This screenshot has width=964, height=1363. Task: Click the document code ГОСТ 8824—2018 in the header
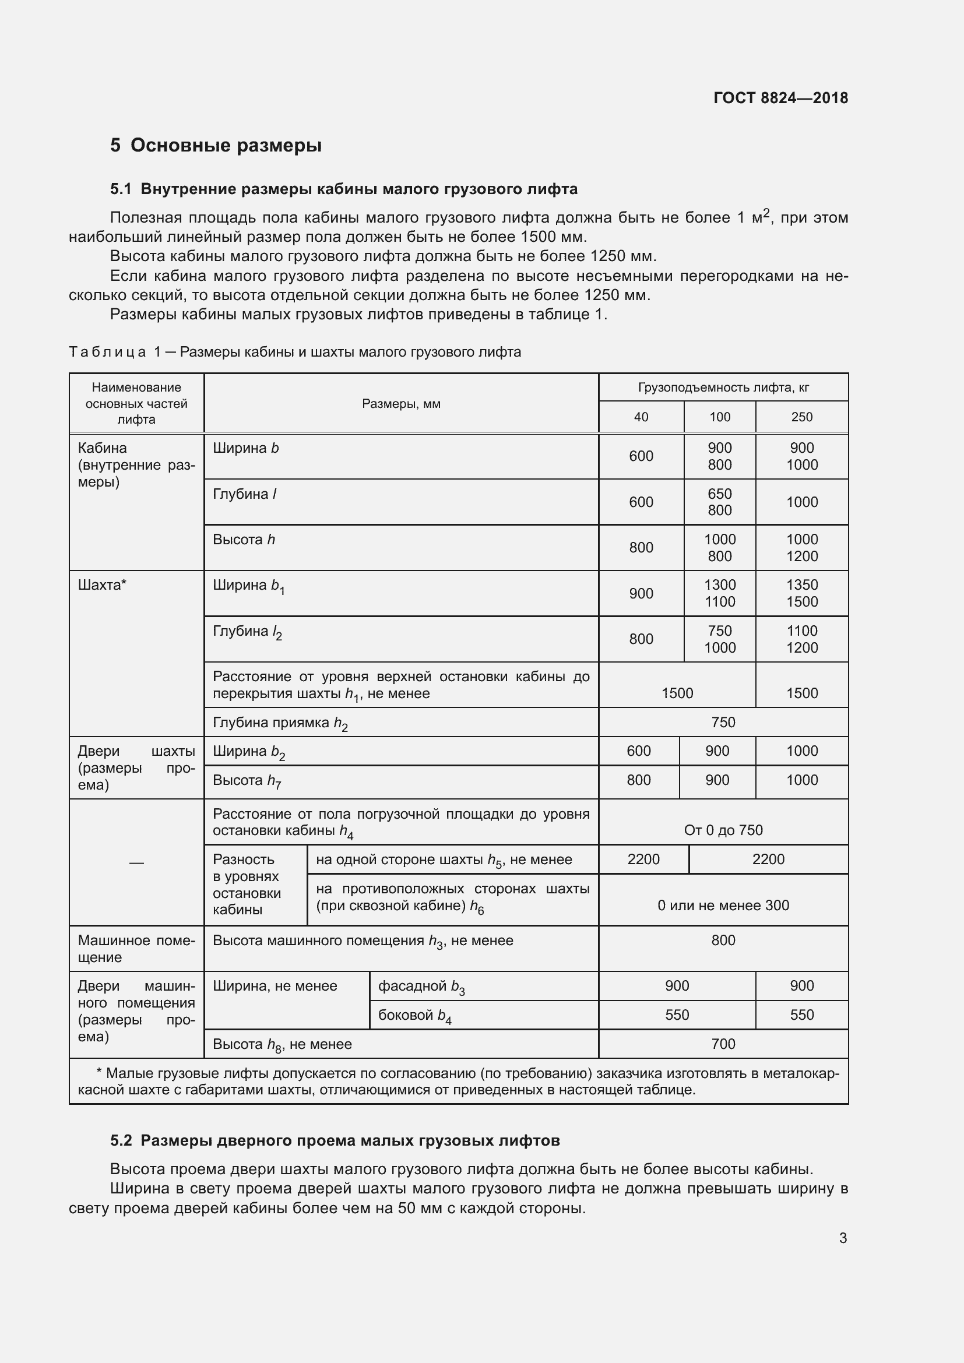tap(780, 98)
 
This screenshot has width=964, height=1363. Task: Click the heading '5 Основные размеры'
tap(216, 146)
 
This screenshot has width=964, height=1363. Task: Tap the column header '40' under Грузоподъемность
tap(641, 417)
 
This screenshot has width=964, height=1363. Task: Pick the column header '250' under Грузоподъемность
tap(801, 417)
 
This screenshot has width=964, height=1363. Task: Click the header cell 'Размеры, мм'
tap(400, 404)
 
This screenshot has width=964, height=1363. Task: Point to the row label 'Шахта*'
tap(102, 585)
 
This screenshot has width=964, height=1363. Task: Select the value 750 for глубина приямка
tap(722, 723)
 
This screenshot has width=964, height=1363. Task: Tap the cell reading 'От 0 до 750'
tap(722, 830)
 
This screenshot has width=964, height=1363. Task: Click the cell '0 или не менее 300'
tap(722, 906)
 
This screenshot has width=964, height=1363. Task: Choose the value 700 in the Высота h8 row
tap(722, 1044)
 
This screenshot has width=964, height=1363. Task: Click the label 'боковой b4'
tap(414, 1016)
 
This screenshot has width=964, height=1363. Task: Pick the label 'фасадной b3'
tap(421, 987)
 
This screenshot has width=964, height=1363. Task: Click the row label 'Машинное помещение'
tap(136, 949)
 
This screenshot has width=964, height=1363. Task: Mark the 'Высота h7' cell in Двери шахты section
tap(247, 781)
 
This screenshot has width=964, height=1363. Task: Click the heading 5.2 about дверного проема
tap(335, 1140)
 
